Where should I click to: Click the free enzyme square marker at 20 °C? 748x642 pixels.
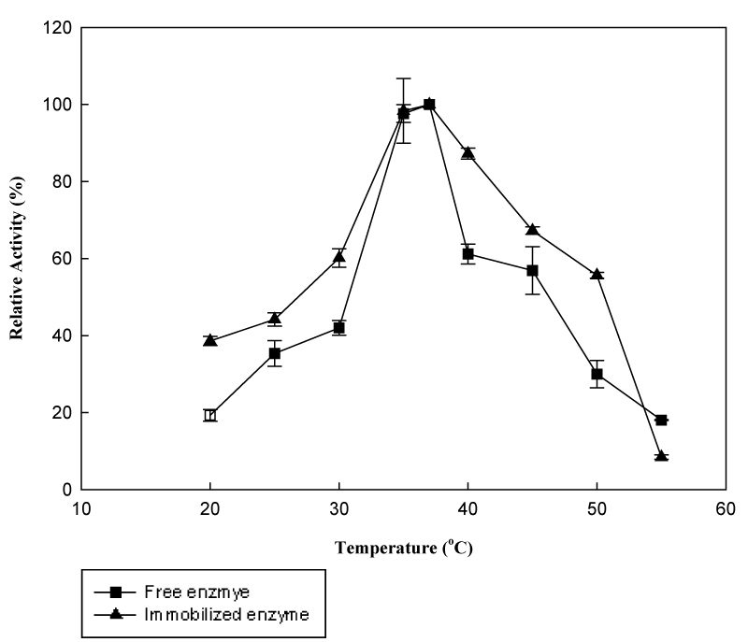[210, 415]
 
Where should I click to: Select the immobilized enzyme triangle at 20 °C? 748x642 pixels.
[210, 340]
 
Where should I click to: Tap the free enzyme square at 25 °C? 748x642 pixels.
[275, 353]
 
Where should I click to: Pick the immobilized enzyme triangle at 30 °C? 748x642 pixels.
[339, 257]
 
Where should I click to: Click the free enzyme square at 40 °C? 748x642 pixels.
[467, 254]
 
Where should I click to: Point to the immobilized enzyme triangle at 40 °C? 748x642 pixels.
[467, 153]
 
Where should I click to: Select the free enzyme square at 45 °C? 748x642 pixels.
[532, 270]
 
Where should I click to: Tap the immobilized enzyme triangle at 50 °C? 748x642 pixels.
[597, 274]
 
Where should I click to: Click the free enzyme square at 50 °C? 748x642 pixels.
[597, 374]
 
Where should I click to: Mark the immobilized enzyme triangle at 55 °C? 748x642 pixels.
[661, 456]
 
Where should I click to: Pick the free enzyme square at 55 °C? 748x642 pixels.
[661, 421]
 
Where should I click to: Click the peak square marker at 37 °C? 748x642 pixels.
[429, 105]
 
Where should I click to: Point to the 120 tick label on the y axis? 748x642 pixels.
[57, 27]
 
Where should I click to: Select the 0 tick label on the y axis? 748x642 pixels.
[66, 490]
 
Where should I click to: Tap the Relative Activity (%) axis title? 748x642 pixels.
[17, 258]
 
